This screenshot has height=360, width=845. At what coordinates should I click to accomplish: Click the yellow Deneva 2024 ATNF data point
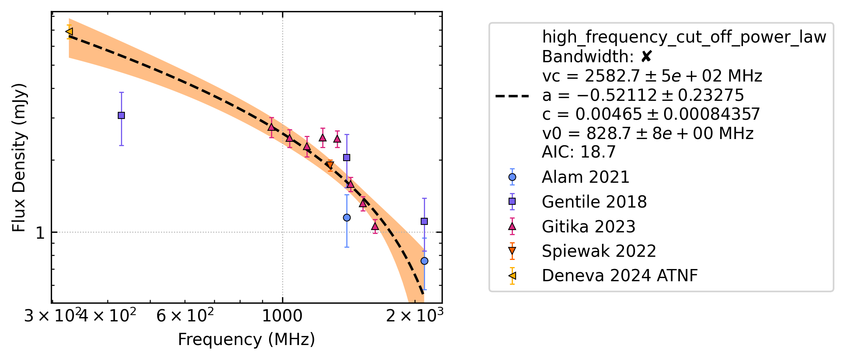click(x=69, y=32)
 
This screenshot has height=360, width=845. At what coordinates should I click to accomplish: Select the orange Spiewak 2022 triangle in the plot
click(x=330, y=165)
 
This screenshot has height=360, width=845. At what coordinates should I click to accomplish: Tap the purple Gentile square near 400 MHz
click(x=121, y=115)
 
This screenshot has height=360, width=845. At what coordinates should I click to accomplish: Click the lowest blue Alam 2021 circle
click(x=424, y=261)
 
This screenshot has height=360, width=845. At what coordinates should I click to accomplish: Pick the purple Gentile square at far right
click(x=424, y=221)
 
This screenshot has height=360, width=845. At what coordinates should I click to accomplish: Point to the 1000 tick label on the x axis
click(x=282, y=316)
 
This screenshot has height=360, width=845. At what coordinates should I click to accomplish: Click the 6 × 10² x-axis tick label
click(x=185, y=315)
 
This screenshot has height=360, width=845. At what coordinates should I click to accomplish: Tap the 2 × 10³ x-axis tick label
click(x=414, y=315)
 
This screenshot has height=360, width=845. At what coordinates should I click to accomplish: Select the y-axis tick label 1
click(x=40, y=233)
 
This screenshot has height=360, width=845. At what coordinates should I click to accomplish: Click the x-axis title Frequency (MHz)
click(x=247, y=340)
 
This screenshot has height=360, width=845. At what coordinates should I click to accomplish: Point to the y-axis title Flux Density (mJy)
click(x=19, y=158)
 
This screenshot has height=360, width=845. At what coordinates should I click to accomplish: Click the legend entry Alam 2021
click(x=585, y=177)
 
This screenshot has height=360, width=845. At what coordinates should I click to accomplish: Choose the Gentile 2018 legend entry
click(x=594, y=202)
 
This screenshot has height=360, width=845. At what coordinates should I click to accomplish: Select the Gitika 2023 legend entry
click(x=589, y=227)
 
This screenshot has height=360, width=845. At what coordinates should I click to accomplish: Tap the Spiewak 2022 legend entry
click(x=599, y=251)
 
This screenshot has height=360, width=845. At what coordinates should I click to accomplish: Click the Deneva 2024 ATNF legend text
click(x=620, y=276)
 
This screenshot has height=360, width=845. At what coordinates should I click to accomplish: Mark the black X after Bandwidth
click(x=646, y=57)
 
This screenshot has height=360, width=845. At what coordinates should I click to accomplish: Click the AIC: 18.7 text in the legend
click(x=579, y=152)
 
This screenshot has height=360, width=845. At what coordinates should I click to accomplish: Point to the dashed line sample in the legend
click(x=512, y=96)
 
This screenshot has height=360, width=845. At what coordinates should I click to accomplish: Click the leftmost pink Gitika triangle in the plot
click(x=271, y=127)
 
